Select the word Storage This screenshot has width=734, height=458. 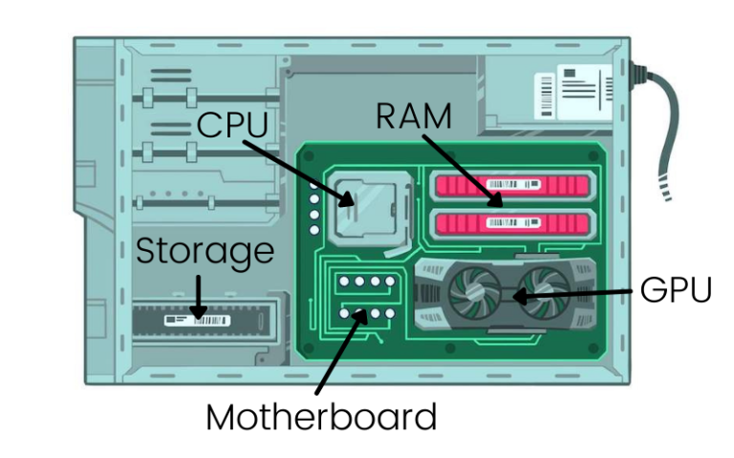click(x=205, y=253)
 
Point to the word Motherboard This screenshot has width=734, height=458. click(x=321, y=417)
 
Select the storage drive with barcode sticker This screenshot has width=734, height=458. click(x=203, y=322)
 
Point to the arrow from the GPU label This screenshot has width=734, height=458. click(x=573, y=293)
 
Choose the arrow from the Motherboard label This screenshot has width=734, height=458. click(x=338, y=353)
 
